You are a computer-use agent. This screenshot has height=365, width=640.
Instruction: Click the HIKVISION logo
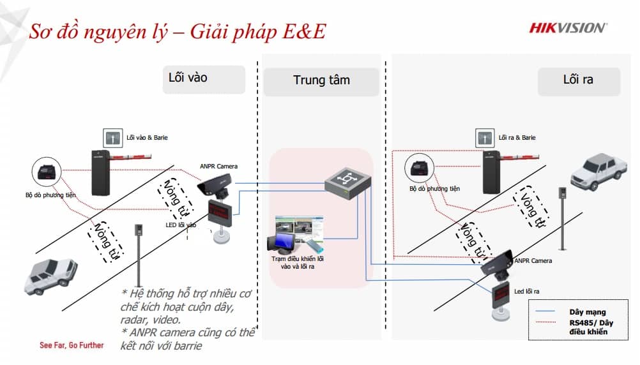click(x=568, y=27)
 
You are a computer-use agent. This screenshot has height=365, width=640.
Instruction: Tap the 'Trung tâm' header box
click(x=321, y=81)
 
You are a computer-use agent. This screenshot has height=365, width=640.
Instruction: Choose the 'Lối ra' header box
click(x=579, y=80)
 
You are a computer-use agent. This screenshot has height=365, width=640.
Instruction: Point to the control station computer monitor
click(x=282, y=243)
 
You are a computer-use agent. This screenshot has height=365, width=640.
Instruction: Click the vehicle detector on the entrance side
click(x=47, y=171)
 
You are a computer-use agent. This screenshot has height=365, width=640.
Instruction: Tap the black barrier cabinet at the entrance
click(x=101, y=172)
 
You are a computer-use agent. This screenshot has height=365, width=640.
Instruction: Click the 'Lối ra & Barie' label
click(x=517, y=137)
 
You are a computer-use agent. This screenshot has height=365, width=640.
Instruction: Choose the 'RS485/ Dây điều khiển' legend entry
click(x=588, y=327)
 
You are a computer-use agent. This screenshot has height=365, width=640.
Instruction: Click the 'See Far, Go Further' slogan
click(x=72, y=345)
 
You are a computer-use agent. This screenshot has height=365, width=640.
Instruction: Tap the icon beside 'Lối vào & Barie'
click(x=112, y=137)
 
